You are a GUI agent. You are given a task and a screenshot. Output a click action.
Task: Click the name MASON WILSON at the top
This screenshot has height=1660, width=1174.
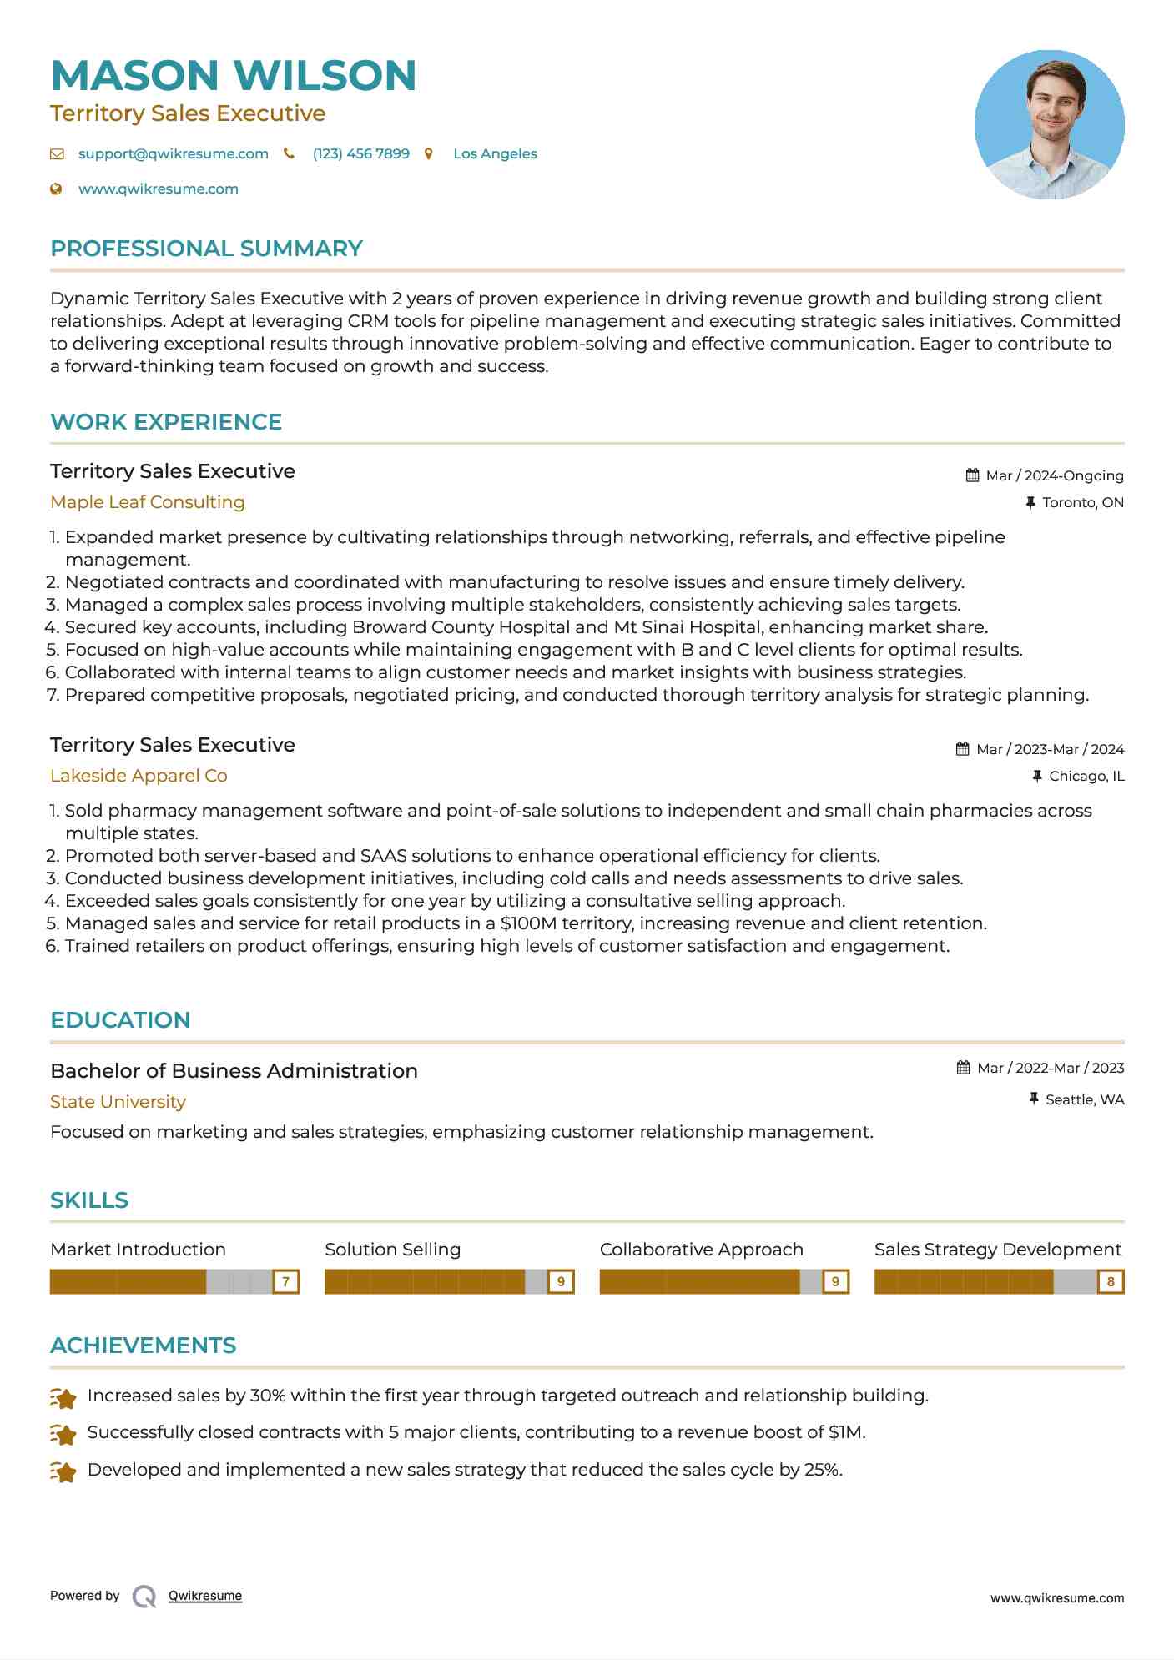click(234, 75)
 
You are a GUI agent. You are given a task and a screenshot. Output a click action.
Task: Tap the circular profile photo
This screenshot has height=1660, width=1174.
click(1049, 124)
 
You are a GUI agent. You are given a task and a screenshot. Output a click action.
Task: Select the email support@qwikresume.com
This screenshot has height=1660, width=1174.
click(173, 153)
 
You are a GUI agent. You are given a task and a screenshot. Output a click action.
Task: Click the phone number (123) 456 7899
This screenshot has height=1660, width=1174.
click(360, 153)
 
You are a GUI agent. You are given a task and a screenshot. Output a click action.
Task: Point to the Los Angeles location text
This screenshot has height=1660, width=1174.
click(495, 153)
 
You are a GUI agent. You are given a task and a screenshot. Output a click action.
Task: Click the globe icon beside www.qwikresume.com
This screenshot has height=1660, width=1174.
click(56, 189)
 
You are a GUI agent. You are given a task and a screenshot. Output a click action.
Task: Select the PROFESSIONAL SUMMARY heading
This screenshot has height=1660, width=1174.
click(206, 249)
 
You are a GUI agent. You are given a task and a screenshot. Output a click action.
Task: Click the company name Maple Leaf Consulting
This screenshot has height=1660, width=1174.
click(147, 502)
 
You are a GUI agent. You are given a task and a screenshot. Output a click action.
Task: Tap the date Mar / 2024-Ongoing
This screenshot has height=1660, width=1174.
click(1054, 475)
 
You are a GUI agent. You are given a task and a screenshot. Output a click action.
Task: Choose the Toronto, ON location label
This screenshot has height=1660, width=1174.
click(1082, 502)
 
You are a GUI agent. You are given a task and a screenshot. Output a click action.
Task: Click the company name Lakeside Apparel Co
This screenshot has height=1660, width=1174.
click(139, 776)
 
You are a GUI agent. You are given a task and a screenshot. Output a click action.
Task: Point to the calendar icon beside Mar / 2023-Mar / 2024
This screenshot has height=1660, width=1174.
click(962, 749)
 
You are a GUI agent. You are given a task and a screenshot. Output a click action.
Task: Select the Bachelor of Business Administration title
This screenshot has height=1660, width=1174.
click(234, 1071)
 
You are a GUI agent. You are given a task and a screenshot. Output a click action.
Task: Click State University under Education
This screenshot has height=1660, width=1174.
click(118, 1102)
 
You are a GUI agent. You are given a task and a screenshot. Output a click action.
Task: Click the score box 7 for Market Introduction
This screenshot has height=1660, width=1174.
click(285, 1281)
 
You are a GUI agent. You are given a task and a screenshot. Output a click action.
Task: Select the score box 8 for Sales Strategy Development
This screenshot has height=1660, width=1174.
click(1110, 1281)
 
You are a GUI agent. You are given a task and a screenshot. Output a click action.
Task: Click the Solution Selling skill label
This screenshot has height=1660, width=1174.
click(392, 1250)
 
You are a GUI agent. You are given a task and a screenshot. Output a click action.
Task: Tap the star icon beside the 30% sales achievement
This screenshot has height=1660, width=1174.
click(63, 1397)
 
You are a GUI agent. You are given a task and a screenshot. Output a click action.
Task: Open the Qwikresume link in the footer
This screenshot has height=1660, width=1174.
click(205, 1596)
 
